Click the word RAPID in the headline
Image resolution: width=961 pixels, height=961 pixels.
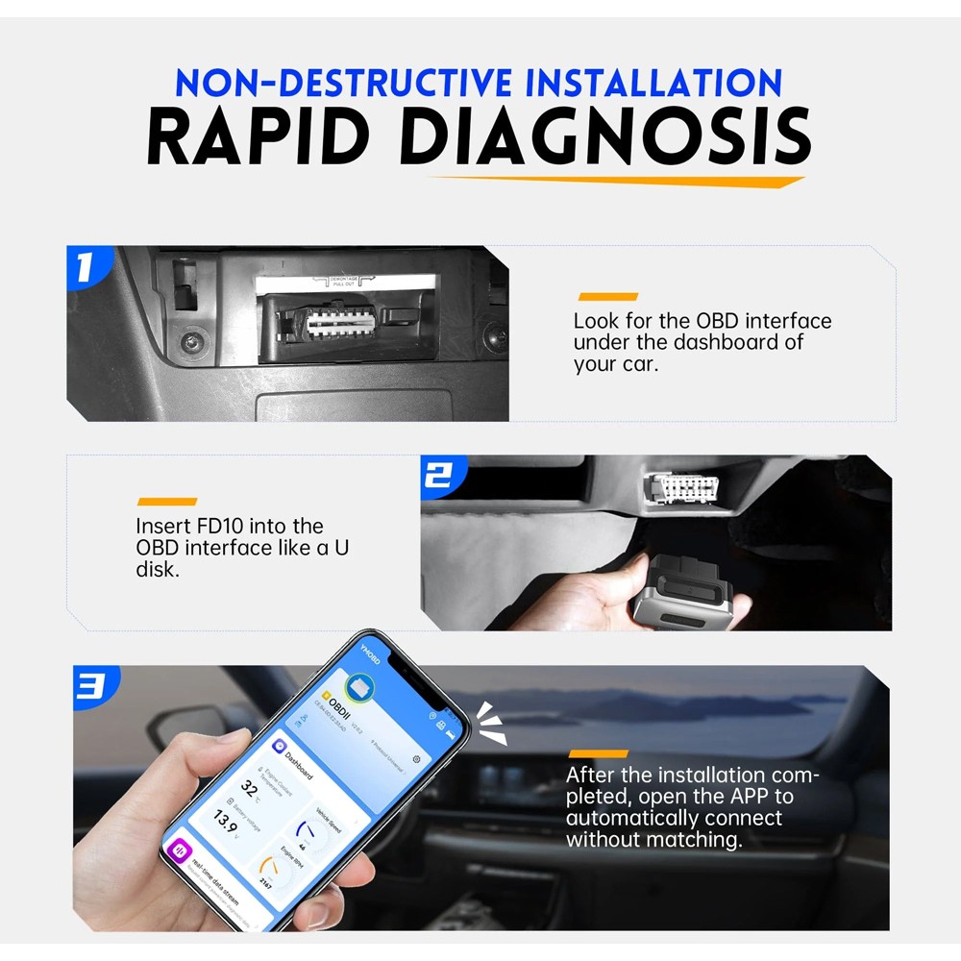coord(261,137)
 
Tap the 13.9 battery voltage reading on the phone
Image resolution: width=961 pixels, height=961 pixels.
coord(225,820)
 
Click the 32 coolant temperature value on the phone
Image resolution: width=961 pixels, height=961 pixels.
coord(250,789)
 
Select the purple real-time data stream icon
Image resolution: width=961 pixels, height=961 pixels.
coord(180,853)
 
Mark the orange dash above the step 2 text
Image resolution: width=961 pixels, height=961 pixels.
coord(166,502)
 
